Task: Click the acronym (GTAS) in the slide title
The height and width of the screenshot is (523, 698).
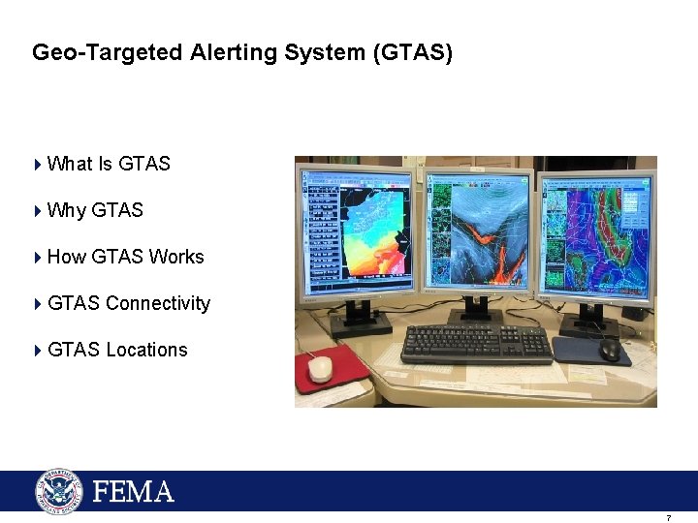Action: coord(412,52)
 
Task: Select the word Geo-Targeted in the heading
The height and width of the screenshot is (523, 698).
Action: coord(107,52)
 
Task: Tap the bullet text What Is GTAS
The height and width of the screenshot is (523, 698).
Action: coord(109,164)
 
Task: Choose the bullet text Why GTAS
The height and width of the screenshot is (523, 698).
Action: coord(95,210)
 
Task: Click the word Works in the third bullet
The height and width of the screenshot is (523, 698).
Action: coord(176,257)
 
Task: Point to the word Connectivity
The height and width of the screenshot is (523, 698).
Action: coord(158,303)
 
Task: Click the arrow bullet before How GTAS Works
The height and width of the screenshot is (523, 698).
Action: coord(38,257)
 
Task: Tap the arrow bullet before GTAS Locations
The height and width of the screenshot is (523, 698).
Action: coord(38,350)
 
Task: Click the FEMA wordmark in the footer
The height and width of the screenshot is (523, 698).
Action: coord(134,492)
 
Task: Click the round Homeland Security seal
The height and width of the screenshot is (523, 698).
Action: coord(60,491)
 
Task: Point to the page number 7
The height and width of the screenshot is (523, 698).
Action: coord(668,518)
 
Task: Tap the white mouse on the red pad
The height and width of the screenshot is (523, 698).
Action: coord(320,368)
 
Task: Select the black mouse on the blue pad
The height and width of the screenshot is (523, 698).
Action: coord(610,349)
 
